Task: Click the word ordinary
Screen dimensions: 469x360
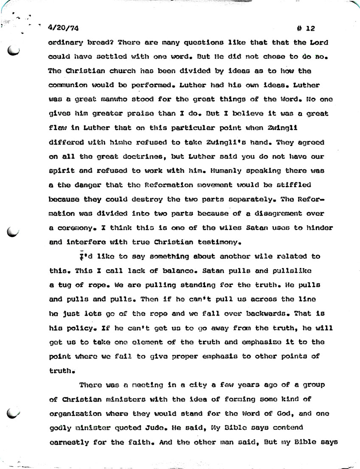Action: click(x=64, y=43)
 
